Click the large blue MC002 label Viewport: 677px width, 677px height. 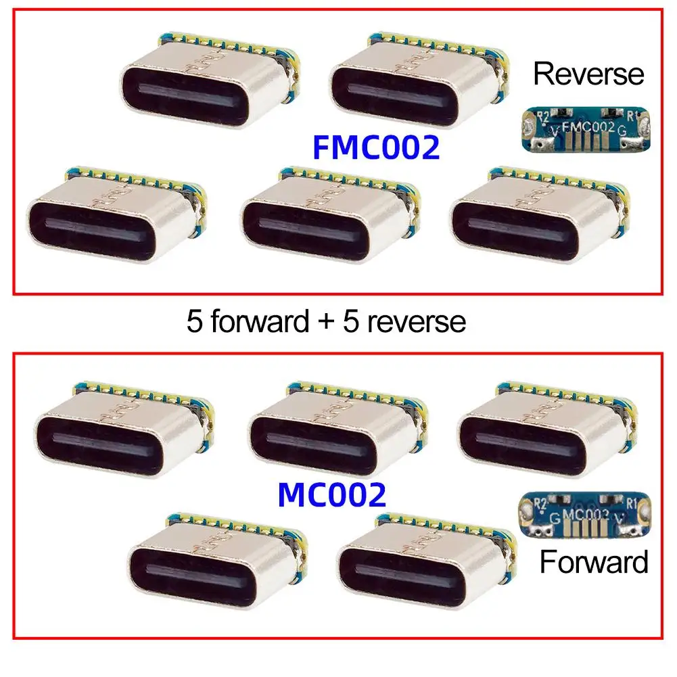click(x=331, y=496)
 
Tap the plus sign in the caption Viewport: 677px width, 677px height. click(x=326, y=323)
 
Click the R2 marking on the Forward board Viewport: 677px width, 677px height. click(x=540, y=504)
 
